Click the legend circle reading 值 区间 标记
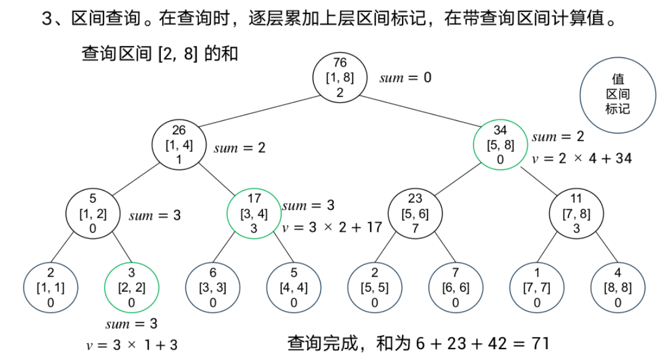(617, 95)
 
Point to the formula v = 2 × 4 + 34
(582, 159)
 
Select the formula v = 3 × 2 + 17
(333, 227)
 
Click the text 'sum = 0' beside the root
(405, 78)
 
